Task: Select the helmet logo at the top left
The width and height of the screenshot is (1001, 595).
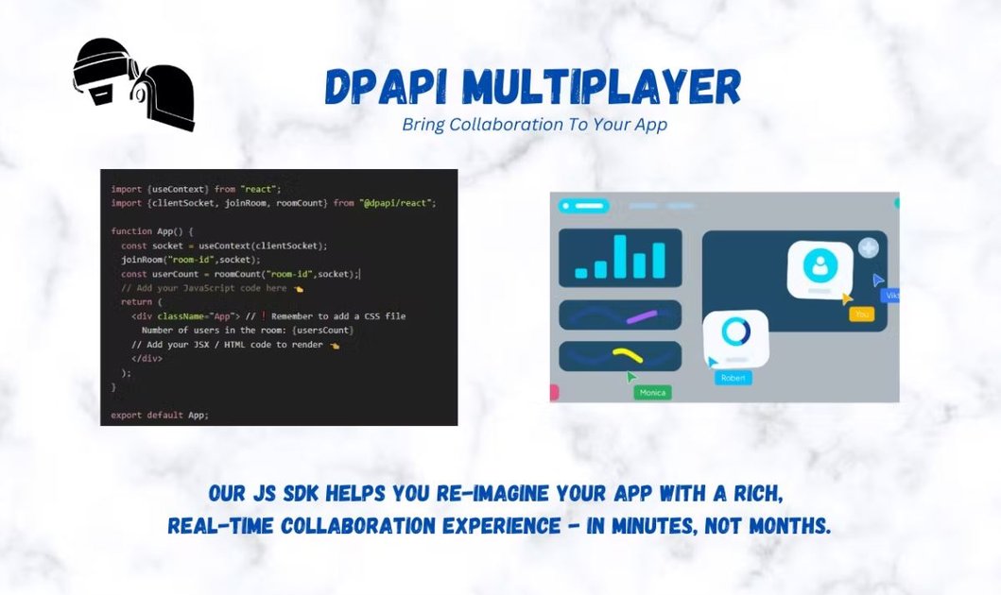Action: pyautogui.click(x=134, y=83)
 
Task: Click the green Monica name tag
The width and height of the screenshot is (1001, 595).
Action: pyautogui.click(x=652, y=392)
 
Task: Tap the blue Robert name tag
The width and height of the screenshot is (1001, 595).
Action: pyautogui.click(x=733, y=378)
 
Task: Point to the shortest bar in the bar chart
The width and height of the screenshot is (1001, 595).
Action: pyautogui.click(x=581, y=272)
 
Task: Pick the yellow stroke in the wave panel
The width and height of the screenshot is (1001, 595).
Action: pyautogui.click(x=627, y=355)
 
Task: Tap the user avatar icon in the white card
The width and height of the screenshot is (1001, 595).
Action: pyautogui.click(x=820, y=265)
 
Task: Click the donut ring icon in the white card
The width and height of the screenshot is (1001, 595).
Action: pyautogui.click(x=735, y=332)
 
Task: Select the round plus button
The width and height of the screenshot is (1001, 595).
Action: pyautogui.click(x=868, y=248)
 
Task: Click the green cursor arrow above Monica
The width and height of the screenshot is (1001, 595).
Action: pyautogui.click(x=631, y=377)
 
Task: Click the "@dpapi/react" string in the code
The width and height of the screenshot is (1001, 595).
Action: pyautogui.click(x=398, y=203)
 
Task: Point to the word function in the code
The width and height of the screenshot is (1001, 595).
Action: pyautogui.click(x=131, y=231)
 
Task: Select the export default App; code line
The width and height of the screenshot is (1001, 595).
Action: pyautogui.click(x=159, y=415)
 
